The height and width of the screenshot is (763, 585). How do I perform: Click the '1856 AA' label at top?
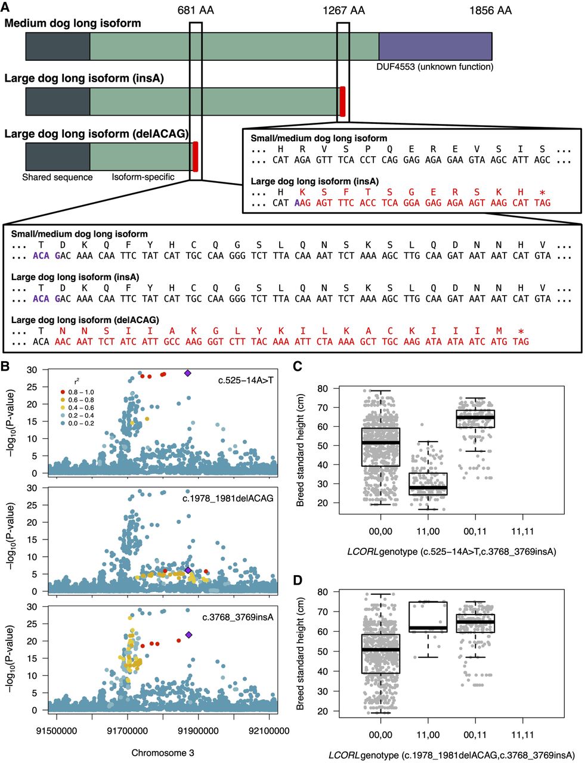point(490,10)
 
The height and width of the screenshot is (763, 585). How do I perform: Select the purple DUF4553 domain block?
point(435,46)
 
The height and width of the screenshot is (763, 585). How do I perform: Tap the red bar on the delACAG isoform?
point(196,156)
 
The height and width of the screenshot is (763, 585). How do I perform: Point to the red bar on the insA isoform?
point(342,101)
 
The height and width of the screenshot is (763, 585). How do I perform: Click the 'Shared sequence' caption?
point(57,177)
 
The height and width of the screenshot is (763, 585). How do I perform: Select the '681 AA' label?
point(195,10)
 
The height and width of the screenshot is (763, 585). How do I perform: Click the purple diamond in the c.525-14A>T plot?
point(188,373)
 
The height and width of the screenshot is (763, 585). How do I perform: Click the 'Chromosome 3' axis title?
point(163,753)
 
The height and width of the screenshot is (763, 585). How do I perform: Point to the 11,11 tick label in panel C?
point(522,530)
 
